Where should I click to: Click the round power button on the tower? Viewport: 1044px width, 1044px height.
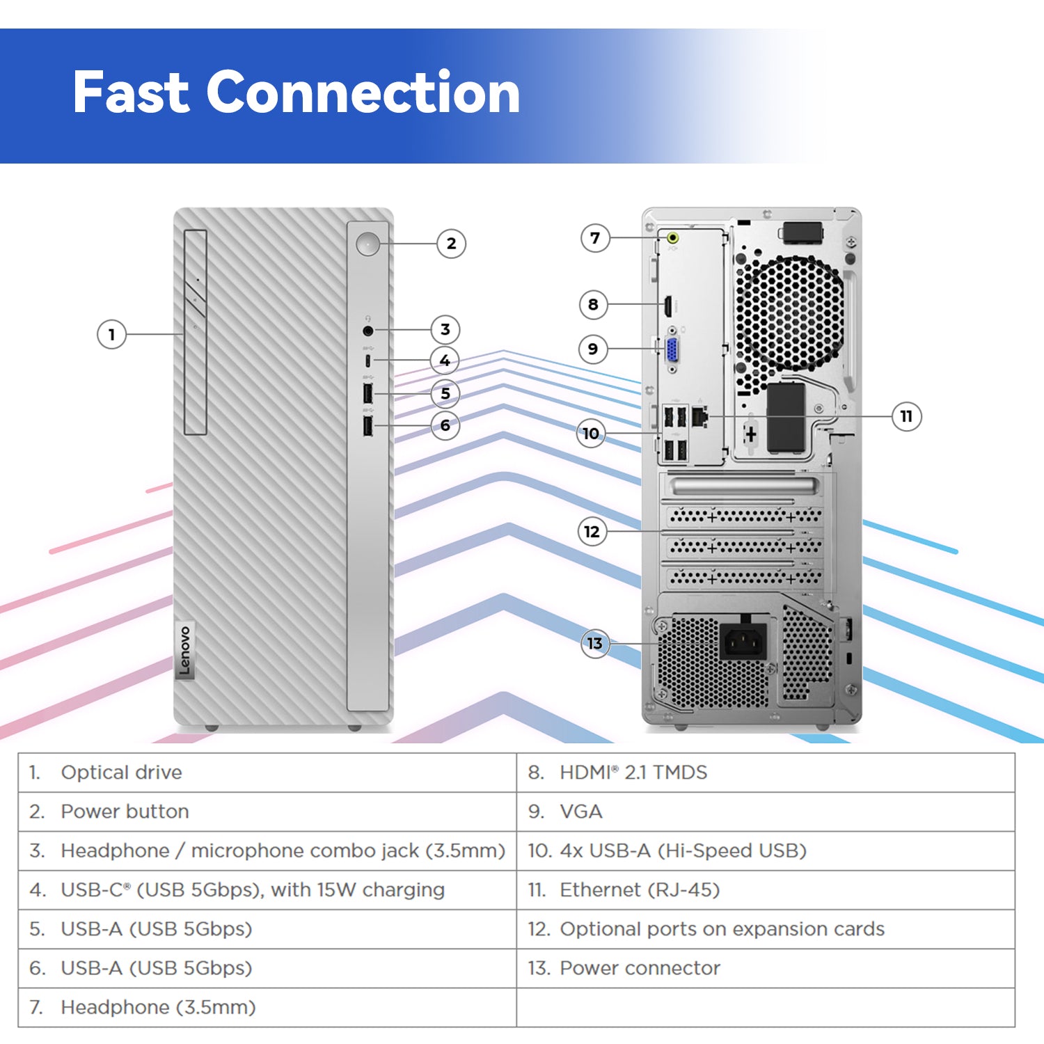(367, 244)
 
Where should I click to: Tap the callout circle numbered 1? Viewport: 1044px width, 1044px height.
(111, 335)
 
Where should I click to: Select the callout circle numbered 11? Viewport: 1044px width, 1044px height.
(906, 416)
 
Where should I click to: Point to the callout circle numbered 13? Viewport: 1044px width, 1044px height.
(595, 643)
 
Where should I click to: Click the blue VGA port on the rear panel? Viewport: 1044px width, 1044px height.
(673, 349)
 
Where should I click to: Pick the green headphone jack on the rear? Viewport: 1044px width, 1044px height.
(673, 238)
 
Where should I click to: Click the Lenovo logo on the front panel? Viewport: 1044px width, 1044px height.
(184, 651)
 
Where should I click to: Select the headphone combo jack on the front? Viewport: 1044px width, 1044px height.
(367, 331)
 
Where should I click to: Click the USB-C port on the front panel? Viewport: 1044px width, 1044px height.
(367, 361)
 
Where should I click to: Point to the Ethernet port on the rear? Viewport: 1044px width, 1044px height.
(700, 416)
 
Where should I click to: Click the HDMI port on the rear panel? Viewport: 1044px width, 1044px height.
(666, 304)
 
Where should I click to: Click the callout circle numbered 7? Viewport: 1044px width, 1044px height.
(595, 238)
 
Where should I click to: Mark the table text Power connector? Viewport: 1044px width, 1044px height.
(640, 968)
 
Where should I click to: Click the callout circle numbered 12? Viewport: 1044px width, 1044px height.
(592, 532)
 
